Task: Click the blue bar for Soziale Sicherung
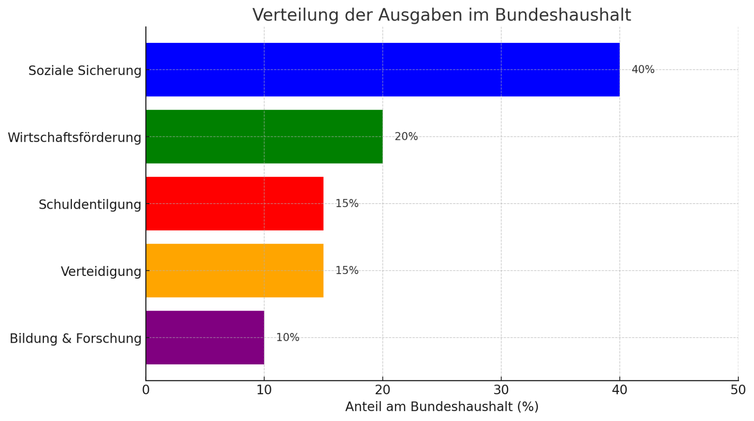point(382,70)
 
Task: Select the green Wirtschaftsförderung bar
point(264,136)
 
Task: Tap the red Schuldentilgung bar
point(234,204)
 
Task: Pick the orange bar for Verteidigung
point(234,270)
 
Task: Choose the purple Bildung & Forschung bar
point(205,338)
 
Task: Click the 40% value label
point(643,70)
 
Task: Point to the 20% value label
point(406,136)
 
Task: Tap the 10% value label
point(287,338)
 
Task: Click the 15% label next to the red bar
point(347,204)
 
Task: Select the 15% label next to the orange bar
point(347,270)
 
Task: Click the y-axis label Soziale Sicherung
point(84,71)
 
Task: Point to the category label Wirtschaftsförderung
point(74,138)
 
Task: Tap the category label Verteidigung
point(101,272)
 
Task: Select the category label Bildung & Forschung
point(75,338)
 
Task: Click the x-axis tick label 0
point(146,390)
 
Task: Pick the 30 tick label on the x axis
point(501,390)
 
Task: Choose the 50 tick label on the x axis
point(738,390)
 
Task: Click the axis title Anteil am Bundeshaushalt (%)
point(442,407)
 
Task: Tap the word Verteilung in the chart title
point(295,15)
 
